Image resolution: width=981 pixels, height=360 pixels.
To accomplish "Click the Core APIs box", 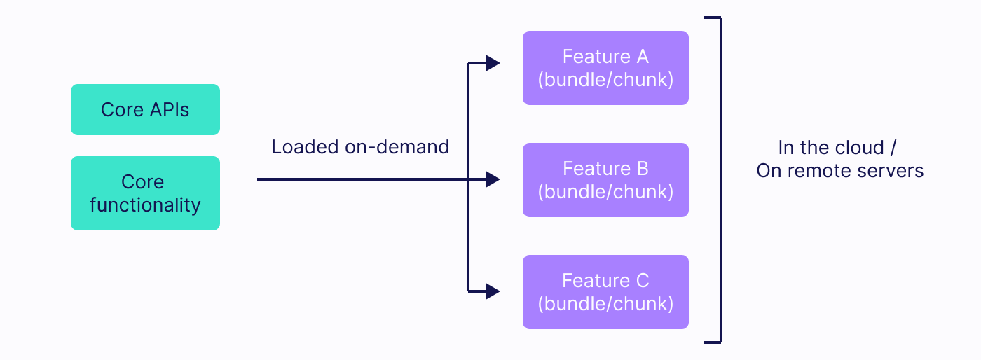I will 145,110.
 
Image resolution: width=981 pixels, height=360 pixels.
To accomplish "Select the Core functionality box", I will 145,193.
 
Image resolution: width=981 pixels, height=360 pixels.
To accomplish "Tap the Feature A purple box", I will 605,68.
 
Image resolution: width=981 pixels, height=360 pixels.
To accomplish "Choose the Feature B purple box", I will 605,180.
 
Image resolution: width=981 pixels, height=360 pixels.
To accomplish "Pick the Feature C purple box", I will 605,292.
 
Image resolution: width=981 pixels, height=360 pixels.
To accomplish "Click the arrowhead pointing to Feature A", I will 493,64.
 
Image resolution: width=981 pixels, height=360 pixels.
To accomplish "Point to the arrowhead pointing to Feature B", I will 493,180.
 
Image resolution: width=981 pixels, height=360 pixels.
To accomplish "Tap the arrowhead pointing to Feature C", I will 493,291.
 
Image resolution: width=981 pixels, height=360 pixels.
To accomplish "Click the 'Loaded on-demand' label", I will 360,147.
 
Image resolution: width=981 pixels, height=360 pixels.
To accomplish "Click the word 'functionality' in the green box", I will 145,205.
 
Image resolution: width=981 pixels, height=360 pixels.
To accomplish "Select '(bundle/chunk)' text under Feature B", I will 605,191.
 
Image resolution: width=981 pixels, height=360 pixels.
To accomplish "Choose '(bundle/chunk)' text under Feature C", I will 605,303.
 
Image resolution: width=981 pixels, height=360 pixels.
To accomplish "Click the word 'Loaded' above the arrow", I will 306,147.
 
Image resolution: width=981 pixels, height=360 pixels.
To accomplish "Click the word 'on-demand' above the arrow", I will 397,147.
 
